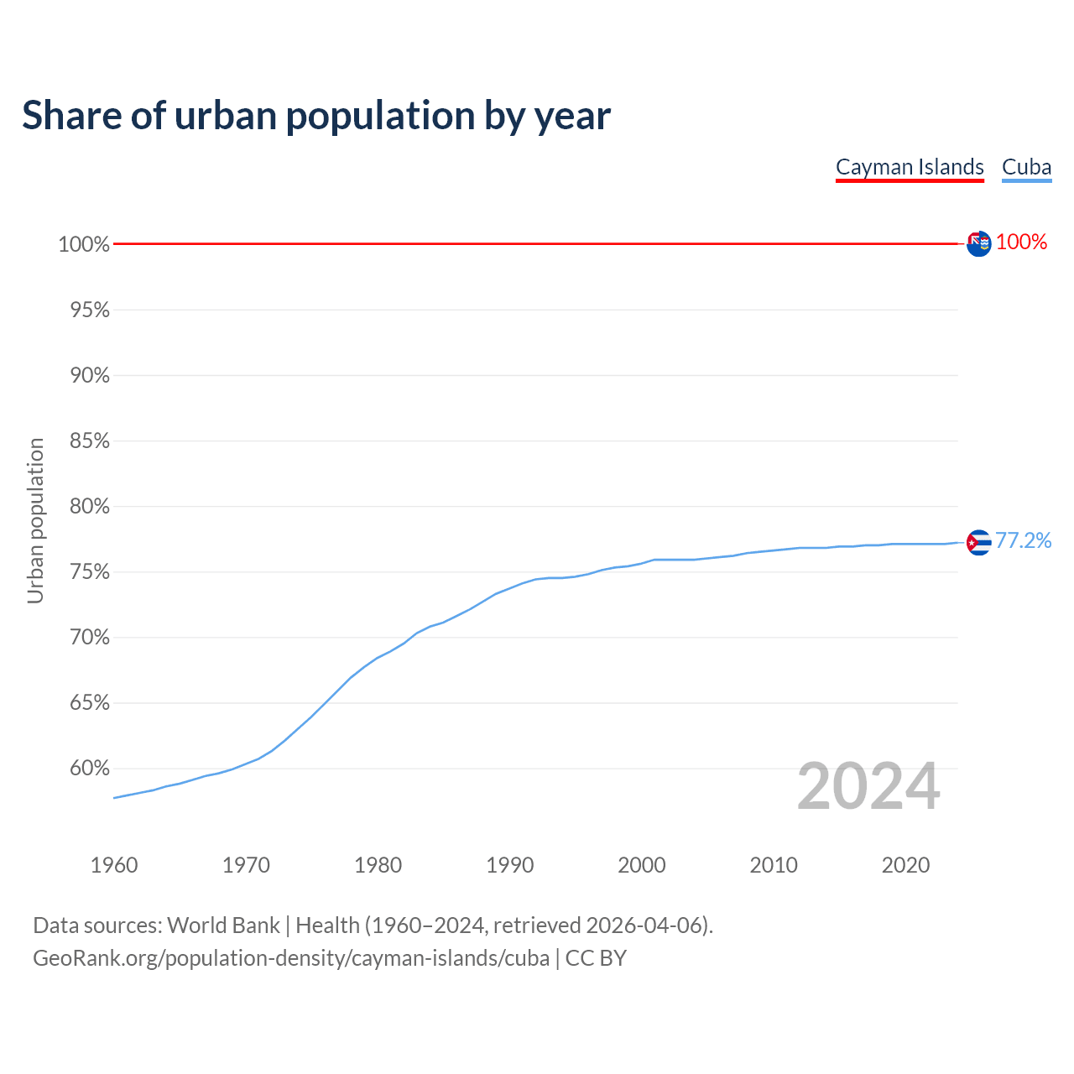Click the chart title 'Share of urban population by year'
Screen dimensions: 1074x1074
point(316,116)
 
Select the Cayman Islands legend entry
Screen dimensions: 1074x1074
point(910,167)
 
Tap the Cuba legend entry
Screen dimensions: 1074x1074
point(1026,167)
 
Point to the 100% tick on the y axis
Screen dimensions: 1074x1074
point(84,244)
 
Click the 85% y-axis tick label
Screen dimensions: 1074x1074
point(89,441)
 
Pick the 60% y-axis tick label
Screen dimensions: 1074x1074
point(89,769)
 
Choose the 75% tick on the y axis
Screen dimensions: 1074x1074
point(89,572)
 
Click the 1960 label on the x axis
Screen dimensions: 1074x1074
point(114,865)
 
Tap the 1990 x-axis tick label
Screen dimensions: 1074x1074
point(510,865)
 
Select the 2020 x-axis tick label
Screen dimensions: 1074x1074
point(905,865)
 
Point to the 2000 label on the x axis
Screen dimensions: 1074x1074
point(642,865)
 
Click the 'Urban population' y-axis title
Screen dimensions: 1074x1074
point(35,520)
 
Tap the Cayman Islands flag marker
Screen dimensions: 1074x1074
point(978,243)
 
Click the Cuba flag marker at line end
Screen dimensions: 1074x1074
point(978,543)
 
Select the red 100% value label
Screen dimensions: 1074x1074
point(1021,242)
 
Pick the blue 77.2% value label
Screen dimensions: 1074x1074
point(1023,540)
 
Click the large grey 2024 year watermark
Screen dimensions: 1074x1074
point(868,786)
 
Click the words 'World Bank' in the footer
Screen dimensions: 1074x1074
point(223,925)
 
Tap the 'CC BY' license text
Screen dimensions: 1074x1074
point(596,958)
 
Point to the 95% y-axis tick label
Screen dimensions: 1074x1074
point(89,310)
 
